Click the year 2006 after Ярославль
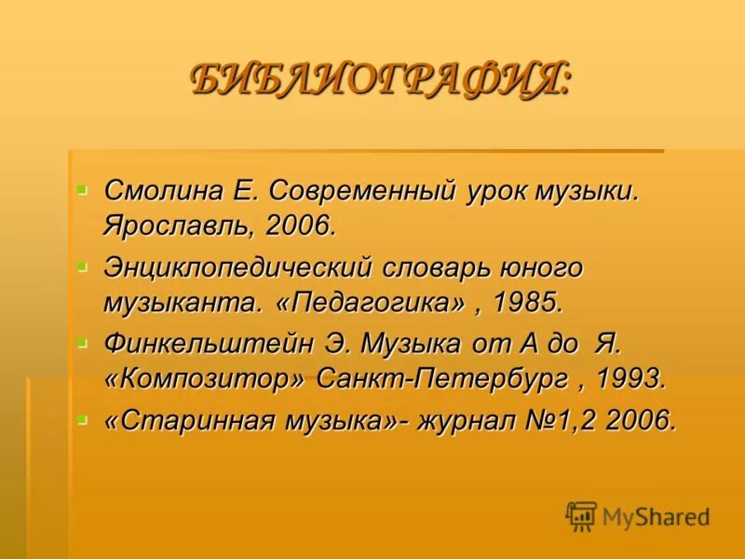pyautogui.click(x=298, y=225)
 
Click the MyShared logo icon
pyautogui.click(x=581, y=516)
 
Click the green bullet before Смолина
pyautogui.click(x=81, y=189)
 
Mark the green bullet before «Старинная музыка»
pyautogui.click(x=81, y=419)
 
